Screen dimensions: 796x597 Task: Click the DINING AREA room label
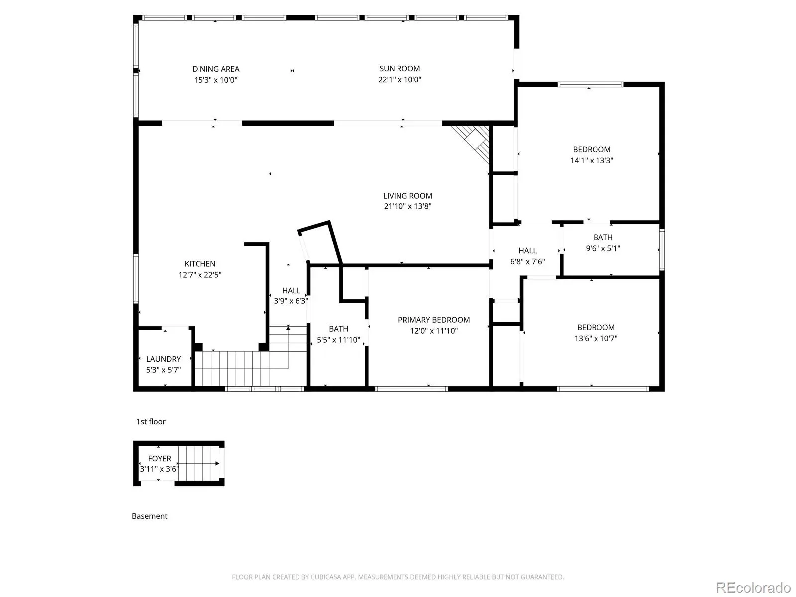(215, 69)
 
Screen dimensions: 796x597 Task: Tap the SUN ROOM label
(399, 69)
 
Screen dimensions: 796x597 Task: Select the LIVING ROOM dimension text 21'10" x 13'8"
(407, 206)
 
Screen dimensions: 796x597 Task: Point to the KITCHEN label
(199, 264)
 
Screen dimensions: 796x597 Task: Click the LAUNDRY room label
(163, 359)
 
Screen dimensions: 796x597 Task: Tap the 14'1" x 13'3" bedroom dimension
(592, 161)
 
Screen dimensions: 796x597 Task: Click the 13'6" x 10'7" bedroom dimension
(596, 339)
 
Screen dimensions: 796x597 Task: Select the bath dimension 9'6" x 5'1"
(602, 249)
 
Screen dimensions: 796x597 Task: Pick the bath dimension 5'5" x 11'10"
(338, 340)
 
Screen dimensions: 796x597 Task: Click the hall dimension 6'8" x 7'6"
(527, 262)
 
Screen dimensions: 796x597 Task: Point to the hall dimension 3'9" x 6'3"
(291, 301)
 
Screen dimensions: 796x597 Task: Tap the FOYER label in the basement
(159, 459)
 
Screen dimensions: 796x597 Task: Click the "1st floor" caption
(151, 421)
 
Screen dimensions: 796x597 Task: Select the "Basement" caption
(149, 516)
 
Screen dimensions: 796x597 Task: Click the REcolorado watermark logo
(753, 587)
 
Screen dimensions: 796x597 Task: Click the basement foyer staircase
(199, 463)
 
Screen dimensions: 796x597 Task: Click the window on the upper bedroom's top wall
(591, 85)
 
